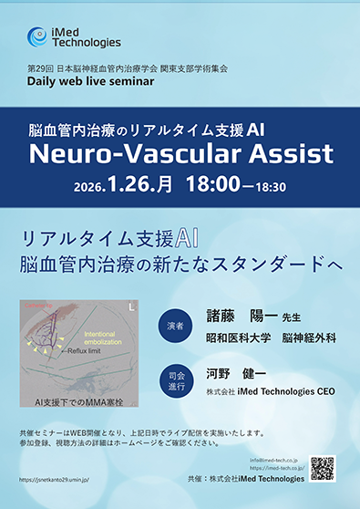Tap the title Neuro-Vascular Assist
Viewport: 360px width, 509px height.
click(180, 153)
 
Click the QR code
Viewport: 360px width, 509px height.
click(323, 467)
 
